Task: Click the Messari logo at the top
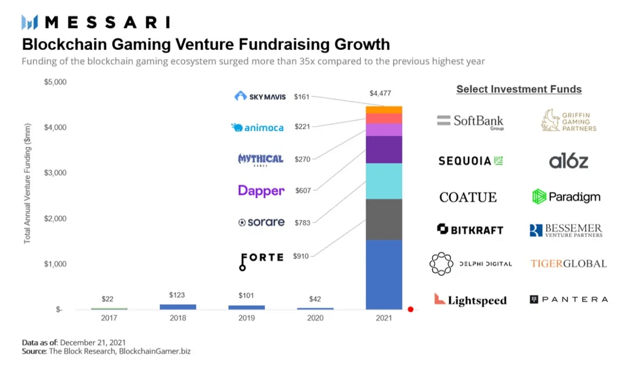(96, 23)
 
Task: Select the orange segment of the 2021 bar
(383, 110)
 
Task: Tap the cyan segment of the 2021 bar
(383, 181)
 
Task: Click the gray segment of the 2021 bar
(383, 219)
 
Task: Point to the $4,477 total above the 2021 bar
(380, 93)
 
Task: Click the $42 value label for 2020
(315, 299)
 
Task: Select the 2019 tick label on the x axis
(246, 318)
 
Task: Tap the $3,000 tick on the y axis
(55, 173)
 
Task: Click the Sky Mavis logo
(260, 96)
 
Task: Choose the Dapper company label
(261, 191)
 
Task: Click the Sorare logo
(261, 222)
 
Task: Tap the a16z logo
(568, 161)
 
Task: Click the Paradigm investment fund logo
(566, 196)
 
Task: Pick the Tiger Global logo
(568, 264)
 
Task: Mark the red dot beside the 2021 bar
(411, 310)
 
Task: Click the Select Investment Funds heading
(519, 90)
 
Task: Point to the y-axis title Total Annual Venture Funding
(27, 191)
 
